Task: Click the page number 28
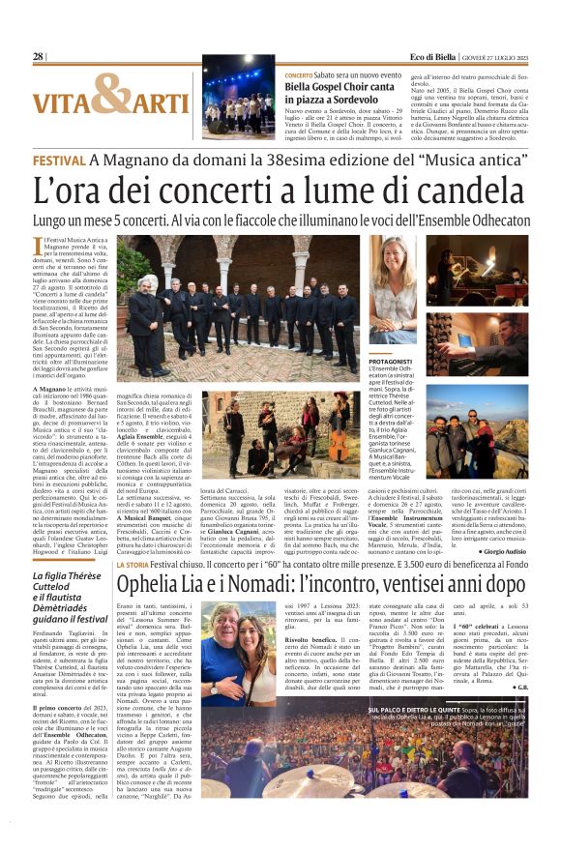[x=39, y=57]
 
